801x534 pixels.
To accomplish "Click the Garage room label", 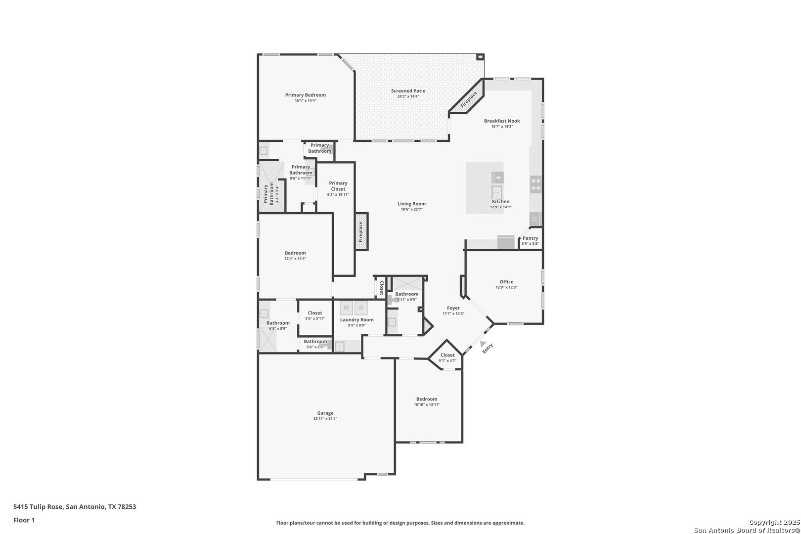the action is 325,413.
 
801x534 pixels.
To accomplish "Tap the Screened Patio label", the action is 408,91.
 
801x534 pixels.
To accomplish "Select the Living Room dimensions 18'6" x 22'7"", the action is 411,209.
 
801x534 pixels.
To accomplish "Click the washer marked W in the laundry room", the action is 346,308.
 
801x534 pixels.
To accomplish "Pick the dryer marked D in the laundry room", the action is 361,308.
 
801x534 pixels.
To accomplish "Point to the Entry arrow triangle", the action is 483,344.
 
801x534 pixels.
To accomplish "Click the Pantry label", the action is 531,238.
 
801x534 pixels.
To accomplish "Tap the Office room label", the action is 506,282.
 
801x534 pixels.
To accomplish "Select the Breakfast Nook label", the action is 502,121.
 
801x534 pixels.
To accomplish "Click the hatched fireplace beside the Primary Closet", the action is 361,231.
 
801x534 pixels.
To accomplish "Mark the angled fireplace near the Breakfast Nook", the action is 467,96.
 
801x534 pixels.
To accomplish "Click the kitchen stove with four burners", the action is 535,184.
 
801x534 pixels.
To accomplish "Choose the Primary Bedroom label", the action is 306,95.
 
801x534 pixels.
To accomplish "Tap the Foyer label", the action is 453,308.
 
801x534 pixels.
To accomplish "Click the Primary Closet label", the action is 338,186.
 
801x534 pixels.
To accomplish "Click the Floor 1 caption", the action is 24,520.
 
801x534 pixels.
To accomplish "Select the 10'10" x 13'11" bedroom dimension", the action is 427,404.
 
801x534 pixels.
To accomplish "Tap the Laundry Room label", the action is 357,320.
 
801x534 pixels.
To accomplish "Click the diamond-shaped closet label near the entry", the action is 447,355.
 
